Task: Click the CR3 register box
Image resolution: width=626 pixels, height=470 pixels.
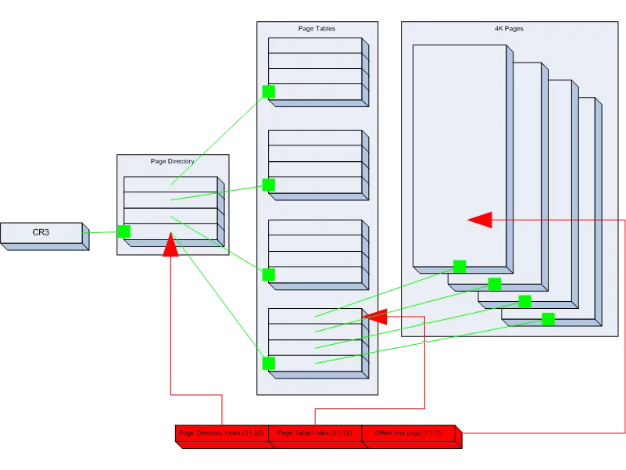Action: click(41, 233)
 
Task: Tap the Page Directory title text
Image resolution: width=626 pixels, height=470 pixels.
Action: click(172, 162)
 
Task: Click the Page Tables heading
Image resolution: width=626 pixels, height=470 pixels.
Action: click(317, 29)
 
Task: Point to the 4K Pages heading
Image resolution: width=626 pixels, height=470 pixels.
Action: click(509, 29)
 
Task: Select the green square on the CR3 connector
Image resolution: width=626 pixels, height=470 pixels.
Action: click(123, 231)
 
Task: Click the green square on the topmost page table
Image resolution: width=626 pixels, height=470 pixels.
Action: click(268, 91)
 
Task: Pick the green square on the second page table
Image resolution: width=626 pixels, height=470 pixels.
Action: click(268, 185)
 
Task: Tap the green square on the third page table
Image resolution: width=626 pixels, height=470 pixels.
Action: click(268, 274)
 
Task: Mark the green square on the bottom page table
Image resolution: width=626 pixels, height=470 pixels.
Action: click(268, 363)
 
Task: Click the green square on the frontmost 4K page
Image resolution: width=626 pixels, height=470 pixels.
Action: click(460, 267)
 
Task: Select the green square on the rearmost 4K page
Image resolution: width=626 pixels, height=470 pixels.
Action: click(548, 319)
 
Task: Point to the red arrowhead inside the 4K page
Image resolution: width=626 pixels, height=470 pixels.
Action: click(479, 221)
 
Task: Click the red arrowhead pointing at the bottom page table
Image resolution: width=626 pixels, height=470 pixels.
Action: click(377, 317)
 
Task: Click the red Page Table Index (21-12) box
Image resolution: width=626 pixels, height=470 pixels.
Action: click(314, 432)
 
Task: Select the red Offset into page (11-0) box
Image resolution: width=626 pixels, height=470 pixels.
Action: click(408, 432)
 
